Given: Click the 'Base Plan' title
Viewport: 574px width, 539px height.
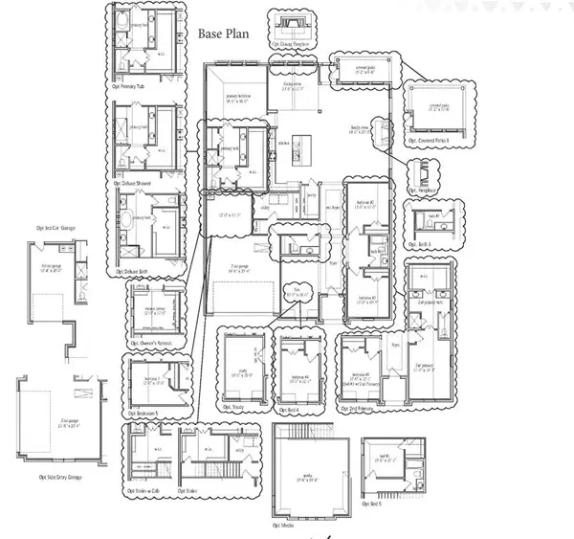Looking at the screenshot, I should tap(223, 34).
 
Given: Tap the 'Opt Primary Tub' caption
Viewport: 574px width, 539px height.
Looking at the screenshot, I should tap(126, 85).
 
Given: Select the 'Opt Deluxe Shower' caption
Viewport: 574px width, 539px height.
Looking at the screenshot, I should tap(132, 181).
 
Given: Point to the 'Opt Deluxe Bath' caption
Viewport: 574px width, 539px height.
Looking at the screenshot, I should tap(127, 271).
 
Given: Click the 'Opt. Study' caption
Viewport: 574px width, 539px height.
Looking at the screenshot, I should tap(233, 406).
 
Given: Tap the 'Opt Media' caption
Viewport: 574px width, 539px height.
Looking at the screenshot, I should tap(283, 526).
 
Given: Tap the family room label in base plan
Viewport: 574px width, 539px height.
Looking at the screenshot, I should tap(361, 129).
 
